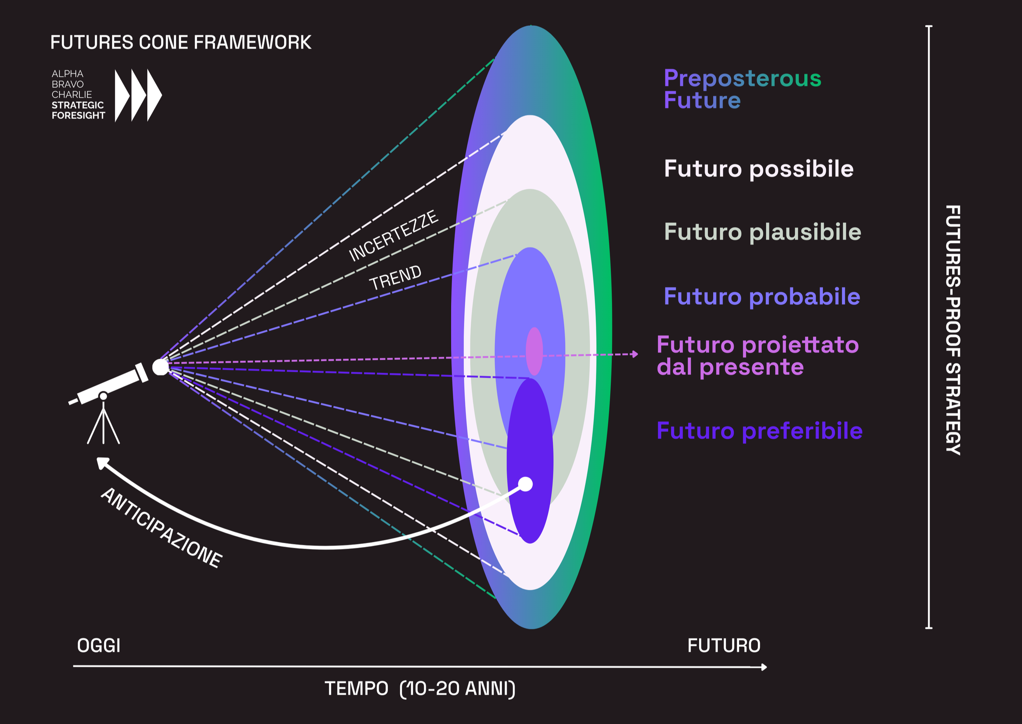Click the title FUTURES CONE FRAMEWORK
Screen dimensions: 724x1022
181,42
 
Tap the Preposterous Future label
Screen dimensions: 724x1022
742,89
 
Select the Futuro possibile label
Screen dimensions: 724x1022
758,168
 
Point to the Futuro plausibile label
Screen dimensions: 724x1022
762,232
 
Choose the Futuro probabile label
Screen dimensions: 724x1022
762,297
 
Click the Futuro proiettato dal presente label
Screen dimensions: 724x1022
757,356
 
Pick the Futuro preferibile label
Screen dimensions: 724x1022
759,431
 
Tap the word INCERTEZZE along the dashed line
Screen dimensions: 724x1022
394,235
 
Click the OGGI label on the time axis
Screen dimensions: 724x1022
99,646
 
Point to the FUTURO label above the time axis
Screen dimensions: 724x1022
723,646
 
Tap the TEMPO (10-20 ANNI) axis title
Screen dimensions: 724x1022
420,688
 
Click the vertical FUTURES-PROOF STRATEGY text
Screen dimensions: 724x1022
953,330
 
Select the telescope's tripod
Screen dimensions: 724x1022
104,424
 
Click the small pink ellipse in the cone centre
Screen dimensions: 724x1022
534,351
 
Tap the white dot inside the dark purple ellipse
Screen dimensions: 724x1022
526,484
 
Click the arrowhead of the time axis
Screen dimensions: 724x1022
764,667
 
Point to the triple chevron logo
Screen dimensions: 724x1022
138,95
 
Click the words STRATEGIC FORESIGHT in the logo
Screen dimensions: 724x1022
78,110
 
